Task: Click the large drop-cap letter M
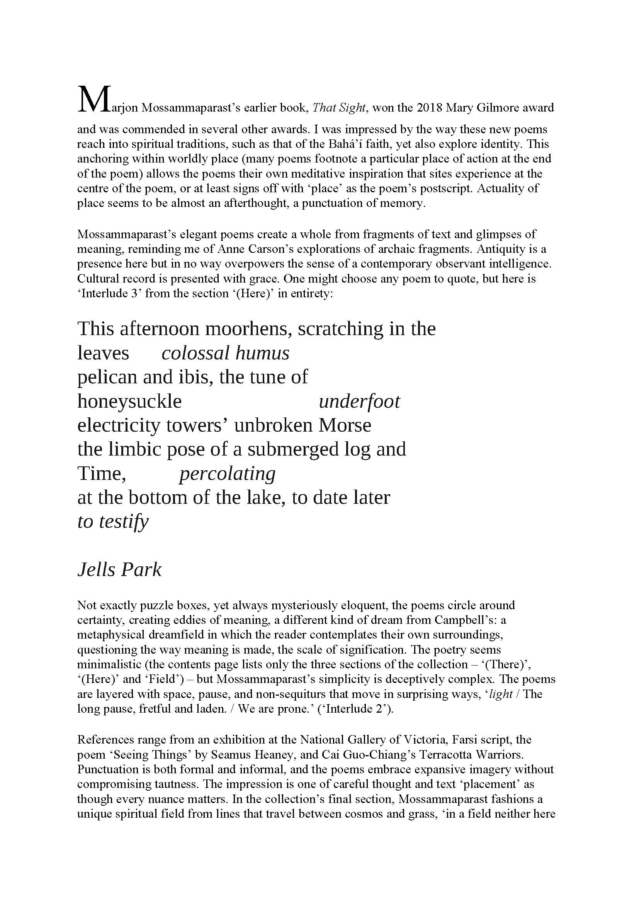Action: click(92, 100)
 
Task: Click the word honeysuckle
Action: click(129, 402)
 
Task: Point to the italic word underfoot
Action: click(359, 402)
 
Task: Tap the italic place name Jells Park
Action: click(119, 570)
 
